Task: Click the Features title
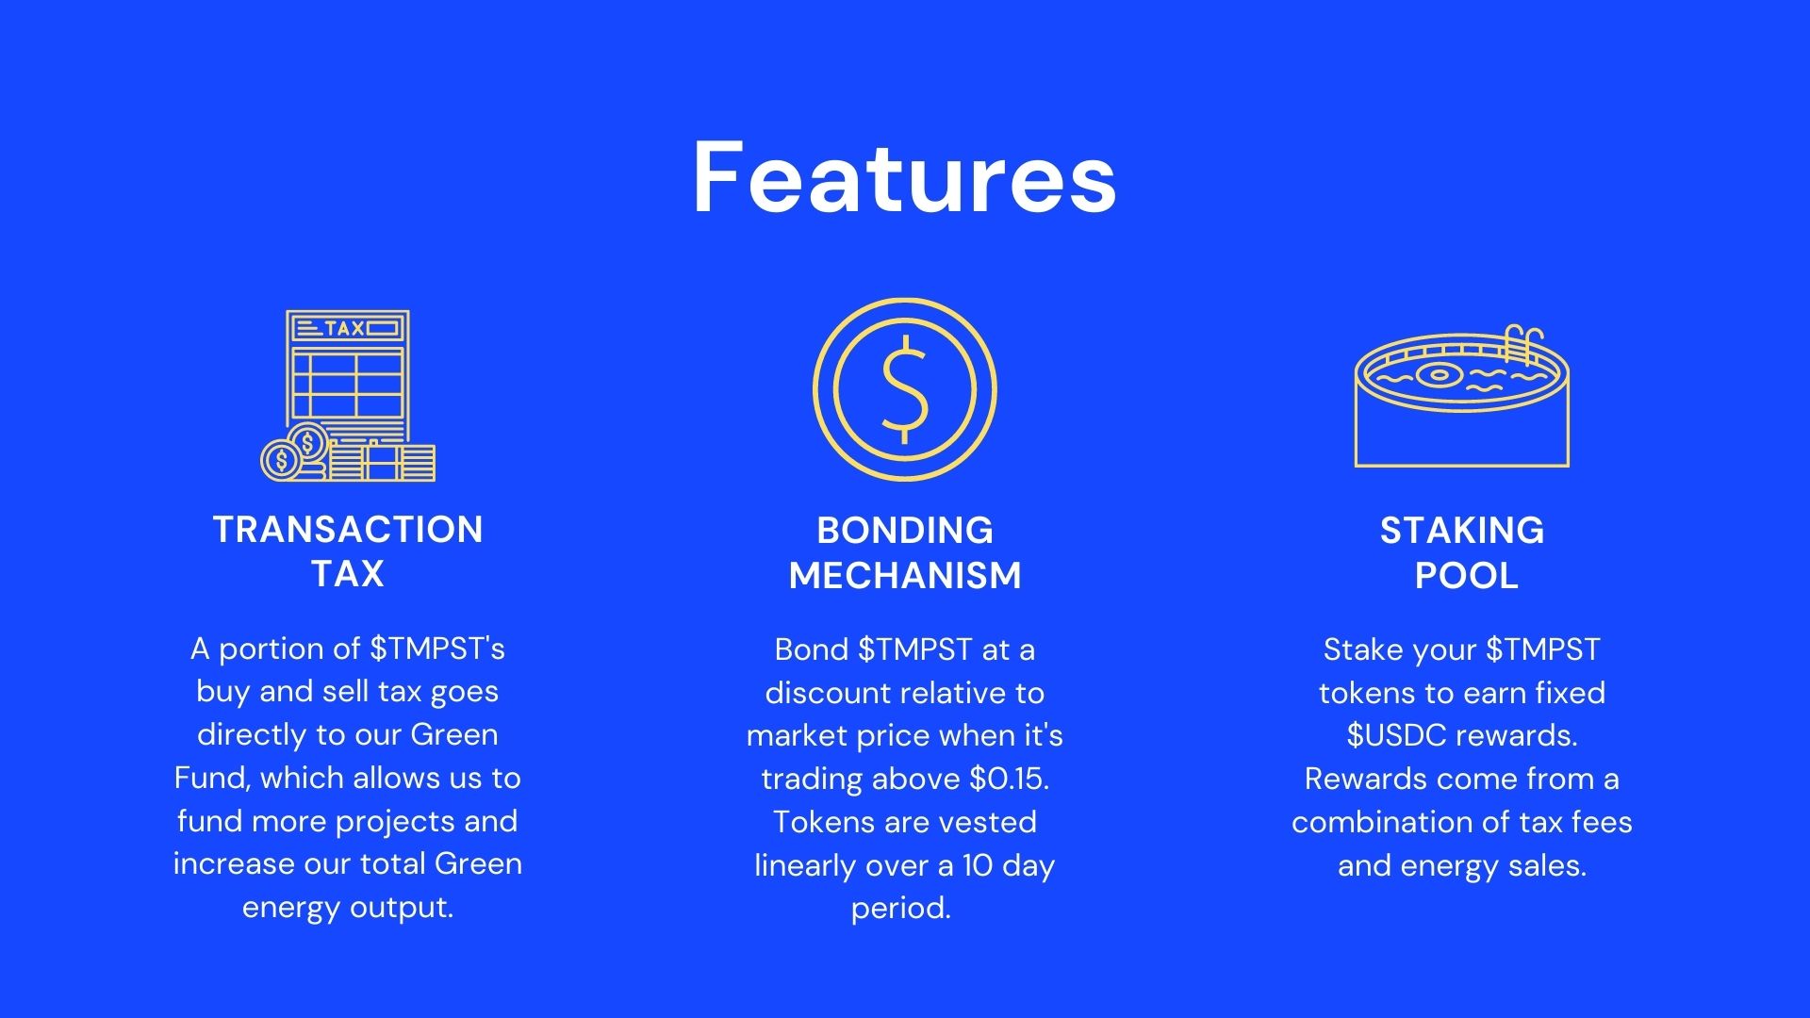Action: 905,178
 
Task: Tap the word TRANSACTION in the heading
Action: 348,530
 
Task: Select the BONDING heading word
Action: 905,531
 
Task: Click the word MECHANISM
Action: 905,575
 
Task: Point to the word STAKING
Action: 1462,531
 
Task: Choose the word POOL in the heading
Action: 1467,575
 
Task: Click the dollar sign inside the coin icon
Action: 905,389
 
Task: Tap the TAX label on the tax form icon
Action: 344,329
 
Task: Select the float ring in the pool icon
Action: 1439,374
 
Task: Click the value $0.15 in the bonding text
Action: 1010,779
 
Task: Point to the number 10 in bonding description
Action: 978,865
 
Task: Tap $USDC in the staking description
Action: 1395,735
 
